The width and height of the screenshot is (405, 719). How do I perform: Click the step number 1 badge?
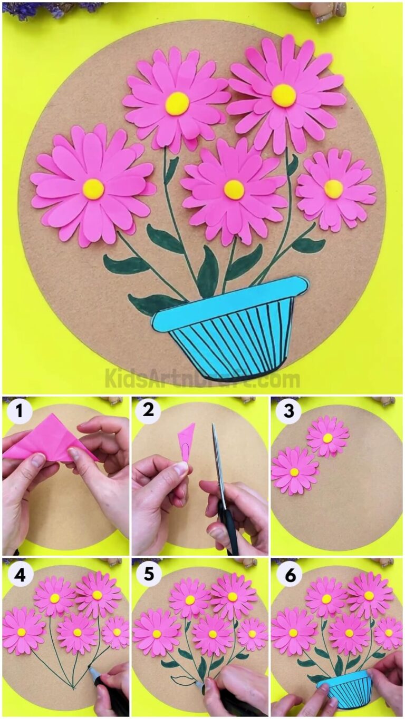point(20,412)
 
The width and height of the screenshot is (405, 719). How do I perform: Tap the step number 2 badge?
point(149,410)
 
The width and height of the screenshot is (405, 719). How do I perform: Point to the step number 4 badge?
point(20,575)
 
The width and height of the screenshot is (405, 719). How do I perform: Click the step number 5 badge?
point(149,575)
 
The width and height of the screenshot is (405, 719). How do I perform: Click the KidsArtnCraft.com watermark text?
point(202,378)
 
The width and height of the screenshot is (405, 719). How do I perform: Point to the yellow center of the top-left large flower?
point(177,103)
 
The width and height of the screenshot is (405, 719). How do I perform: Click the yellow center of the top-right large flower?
point(284,95)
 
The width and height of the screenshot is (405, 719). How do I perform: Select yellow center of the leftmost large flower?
point(93,189)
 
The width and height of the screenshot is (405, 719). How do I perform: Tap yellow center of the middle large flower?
point(234,190)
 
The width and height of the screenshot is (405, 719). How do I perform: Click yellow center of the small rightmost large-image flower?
point(333,189)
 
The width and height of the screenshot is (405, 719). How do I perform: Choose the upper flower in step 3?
point(327,437)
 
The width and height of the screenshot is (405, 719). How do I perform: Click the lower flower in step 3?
point(294,471)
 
